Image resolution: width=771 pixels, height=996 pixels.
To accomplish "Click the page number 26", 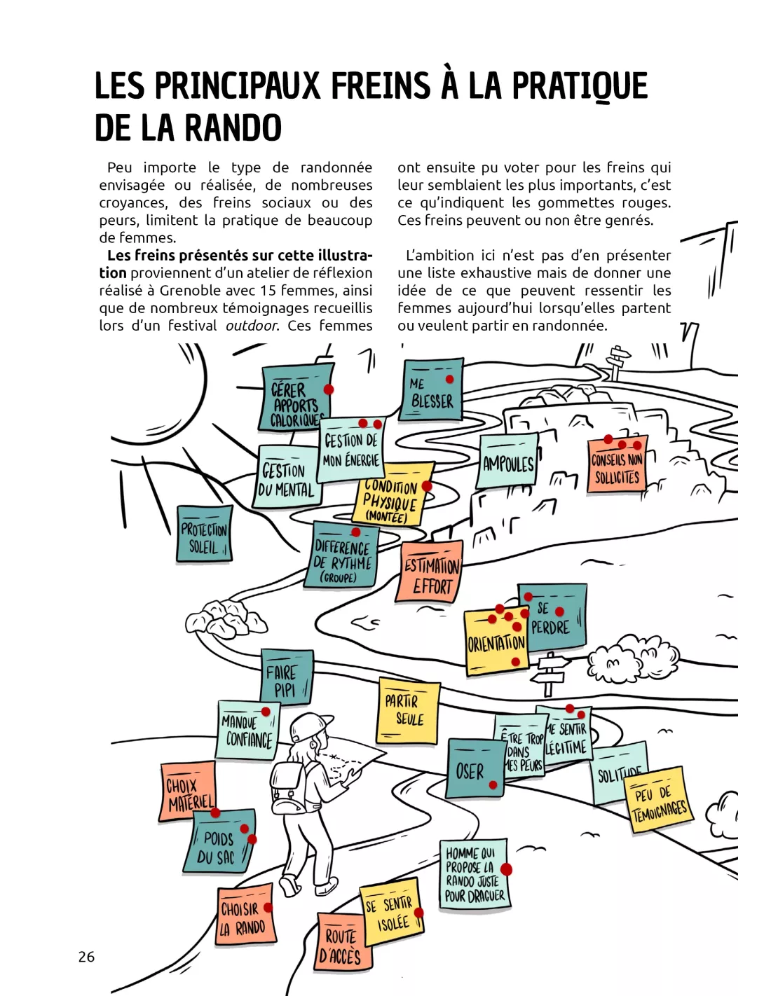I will tap(86, 957).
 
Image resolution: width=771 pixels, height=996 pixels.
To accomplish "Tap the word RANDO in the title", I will tap(233, 128).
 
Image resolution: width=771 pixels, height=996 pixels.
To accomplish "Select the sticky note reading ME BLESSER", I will tap(432, 392).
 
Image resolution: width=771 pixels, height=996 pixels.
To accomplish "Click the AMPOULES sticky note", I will tap(508, 462).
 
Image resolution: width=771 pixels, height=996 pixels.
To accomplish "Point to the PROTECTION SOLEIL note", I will tap(204, 534).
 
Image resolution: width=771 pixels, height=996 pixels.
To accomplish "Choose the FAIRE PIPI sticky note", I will tap(286, 678).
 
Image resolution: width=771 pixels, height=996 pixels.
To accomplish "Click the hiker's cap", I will tap(313, 726).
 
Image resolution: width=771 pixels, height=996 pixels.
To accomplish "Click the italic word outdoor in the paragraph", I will tap(252, 326).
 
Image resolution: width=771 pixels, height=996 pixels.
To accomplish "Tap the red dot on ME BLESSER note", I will tap(449, 379).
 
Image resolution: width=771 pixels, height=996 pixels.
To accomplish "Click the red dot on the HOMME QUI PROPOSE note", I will tap(506, 869).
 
